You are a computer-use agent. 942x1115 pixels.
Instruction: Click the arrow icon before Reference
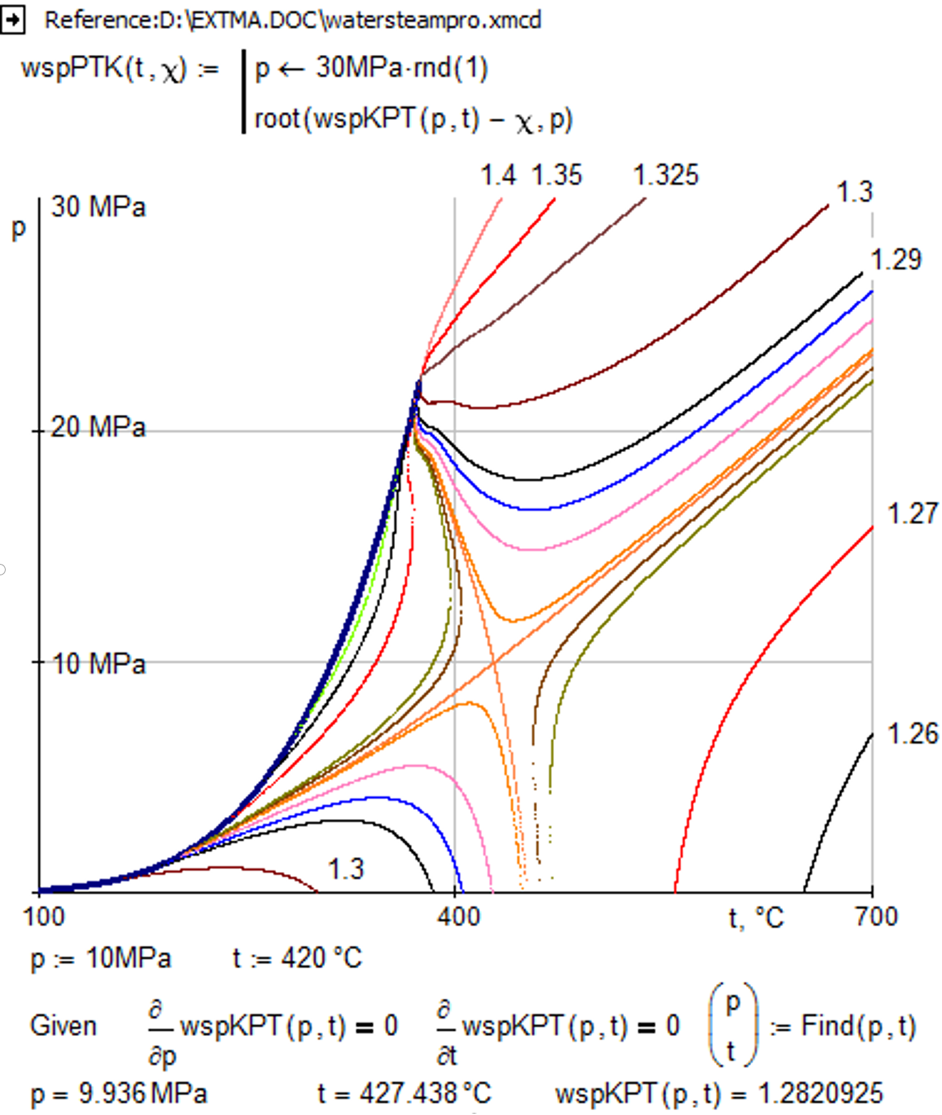click(12, 20)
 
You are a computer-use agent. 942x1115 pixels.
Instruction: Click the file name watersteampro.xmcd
click(433, 20)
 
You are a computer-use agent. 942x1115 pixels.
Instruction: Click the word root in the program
click(277, 119)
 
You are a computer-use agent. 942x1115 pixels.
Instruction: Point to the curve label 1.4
click(498, 175)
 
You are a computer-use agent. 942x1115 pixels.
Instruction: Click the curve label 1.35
click(557, 175)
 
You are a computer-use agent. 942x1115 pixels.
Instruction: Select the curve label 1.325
click(666, 175)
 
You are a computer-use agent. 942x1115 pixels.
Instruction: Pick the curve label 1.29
click(896, 260)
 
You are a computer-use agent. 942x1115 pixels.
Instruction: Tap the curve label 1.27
click(912, 513)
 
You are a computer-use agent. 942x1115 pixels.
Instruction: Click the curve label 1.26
click(912, 734)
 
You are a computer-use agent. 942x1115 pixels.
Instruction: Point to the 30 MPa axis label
click(98, 207)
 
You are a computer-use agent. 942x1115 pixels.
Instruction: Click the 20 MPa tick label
click(98, 428)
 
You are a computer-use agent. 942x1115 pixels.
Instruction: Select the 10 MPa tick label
click(98, 664)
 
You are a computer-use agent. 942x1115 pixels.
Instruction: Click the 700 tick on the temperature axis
click(876, 916)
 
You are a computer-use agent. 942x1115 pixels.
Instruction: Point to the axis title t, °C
click(756, 918)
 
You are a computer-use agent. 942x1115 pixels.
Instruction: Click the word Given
click(63, 1026)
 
